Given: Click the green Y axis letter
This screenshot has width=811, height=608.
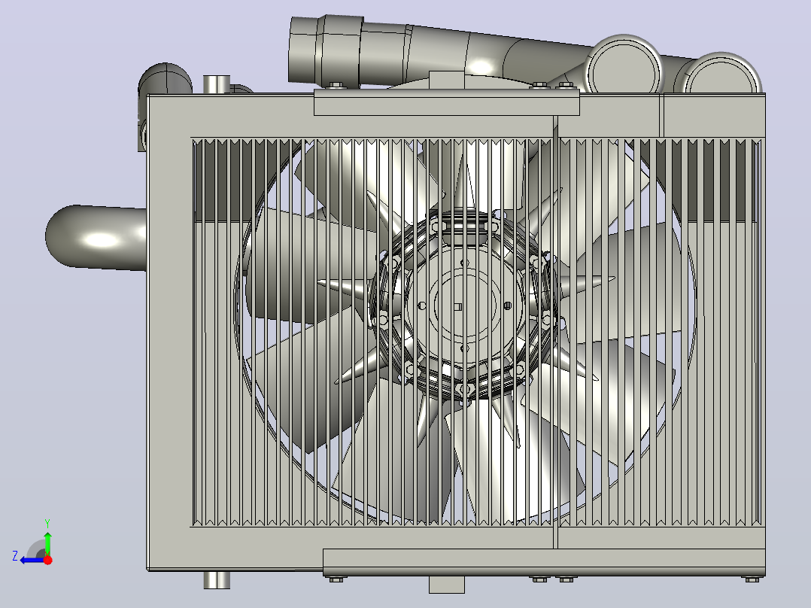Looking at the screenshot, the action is [x=47, y=523].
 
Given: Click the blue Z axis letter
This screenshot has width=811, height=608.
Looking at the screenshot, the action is [x=15, y=556].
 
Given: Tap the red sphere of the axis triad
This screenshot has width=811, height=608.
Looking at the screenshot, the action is [x=47, y=560].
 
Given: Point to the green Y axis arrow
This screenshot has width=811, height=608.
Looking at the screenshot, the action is [x=47, y=543].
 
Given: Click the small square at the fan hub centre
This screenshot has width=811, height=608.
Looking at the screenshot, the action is [x=457, y=307].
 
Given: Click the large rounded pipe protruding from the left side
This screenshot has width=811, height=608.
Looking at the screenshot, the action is [x=96, y=237].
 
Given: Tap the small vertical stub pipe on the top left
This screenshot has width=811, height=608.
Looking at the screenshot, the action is [x=217, y=84].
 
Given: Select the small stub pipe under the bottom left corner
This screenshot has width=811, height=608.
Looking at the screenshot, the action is [x=217, y=579].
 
